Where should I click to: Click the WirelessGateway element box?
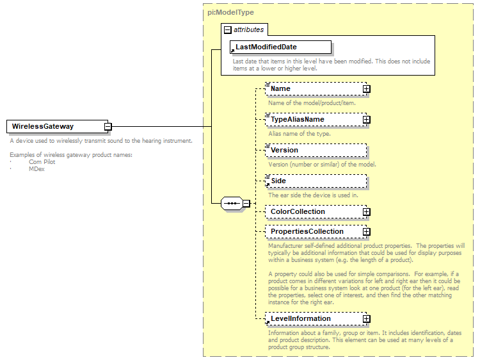pos(56,126)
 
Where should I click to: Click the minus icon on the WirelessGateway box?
pos(108,127)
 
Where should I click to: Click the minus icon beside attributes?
pos(227,29)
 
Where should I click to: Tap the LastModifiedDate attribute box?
pos(281,47)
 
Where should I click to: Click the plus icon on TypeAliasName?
pos(366,119)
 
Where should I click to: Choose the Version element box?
pos(316,150)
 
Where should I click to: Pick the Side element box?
pos(316,181)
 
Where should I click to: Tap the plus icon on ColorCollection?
pos(366,211)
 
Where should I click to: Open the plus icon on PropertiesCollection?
pos(366,231)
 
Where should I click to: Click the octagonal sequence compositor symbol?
pos(231,204)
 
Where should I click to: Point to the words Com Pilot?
pos(42,162)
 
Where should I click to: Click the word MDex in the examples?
pos(36,168)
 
